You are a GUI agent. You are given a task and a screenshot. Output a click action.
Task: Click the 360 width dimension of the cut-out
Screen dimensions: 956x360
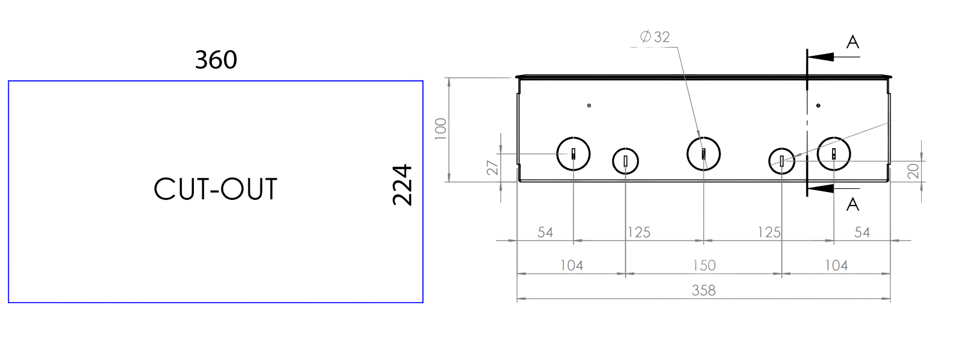pyautogui.click(x=216, y=60)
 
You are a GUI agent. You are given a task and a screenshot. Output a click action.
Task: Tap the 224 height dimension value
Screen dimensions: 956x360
pyautogui.click(x=402, y=185)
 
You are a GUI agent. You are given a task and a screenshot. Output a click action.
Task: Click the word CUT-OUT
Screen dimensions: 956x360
pyautogui.click(x=216, y=189)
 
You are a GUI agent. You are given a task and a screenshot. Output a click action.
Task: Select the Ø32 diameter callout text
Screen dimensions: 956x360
pyautogui.click(x=655, y=37)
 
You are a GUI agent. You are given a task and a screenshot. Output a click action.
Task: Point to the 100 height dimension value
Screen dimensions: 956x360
pyautogui.click(x=441, y=128)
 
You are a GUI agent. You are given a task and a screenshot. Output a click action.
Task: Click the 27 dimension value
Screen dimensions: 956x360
pyautogui.click(x=492, y=168)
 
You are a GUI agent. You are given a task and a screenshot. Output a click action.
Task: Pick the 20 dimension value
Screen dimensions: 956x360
pyautogui.click(x=913, y=171)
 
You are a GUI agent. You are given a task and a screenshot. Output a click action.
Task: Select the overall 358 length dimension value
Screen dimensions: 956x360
pyautogui.click(x=704, y=290)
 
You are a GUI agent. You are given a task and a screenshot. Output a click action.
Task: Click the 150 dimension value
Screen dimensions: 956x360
pyautogui.click(x=704, y=265)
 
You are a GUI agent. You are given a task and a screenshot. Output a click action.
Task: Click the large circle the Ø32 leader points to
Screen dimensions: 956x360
pyautogui.click(x=704, y=137)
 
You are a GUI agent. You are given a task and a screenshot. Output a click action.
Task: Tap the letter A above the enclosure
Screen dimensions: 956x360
pyautogui.click(x=853, y=42)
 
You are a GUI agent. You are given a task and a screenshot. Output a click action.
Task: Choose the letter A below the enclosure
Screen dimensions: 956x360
pyautogui.click(x=853, y=205)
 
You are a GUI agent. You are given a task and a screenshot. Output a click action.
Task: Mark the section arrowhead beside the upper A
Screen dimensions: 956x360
pyautogui.click(x=820, y=57)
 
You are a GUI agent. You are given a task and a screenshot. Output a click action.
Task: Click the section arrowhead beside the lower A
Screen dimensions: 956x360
pyautogui.click(x=820, y=188)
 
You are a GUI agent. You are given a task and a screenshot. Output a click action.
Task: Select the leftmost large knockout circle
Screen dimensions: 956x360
pyautogui.click(x=573, y=137)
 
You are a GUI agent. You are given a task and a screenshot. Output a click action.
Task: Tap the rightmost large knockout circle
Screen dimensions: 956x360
pyautogui.click(x=834, y=137)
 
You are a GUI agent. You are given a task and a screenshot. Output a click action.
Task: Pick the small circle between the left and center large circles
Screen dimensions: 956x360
pyautogui.click(x=626, y=148)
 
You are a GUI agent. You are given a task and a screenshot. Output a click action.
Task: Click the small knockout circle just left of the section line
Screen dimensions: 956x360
pyautogui.click(x=782, y=148)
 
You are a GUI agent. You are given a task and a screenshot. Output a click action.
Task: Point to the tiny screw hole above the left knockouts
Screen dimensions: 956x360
pyautogui.click(x=589, y=105)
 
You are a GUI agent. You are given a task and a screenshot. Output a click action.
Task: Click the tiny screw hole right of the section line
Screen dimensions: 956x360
pyautogui.click(x=818, y=105)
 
